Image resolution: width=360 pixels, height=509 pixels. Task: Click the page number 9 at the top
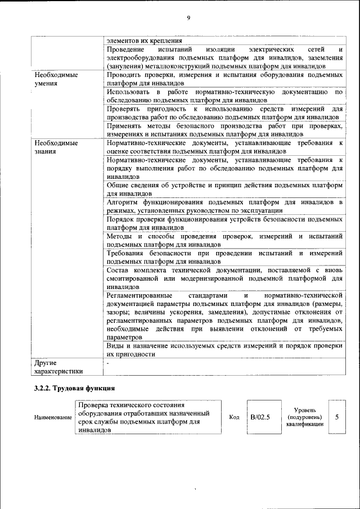tap(188, 18)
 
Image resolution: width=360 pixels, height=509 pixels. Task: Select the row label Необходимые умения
tap(56, 79)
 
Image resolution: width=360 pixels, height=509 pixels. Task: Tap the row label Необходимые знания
tap(56, 147)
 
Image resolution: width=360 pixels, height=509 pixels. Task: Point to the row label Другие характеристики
tap(58, 367)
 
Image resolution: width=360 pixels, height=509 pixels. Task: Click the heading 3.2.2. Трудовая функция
tap(75, 388)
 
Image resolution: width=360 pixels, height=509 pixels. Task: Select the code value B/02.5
tap(260, 417)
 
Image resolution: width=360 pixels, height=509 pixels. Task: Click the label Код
tap(235, 417)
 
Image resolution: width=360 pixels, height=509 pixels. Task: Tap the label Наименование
tap(53, 417)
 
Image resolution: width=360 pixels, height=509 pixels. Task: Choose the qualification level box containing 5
tap(336, 417)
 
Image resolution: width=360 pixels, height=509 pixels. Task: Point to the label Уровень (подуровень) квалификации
tap(304, 417)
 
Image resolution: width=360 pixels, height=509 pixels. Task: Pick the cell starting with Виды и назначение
tap(224, 349)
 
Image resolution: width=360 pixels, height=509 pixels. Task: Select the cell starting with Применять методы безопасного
tap(224, 130)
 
